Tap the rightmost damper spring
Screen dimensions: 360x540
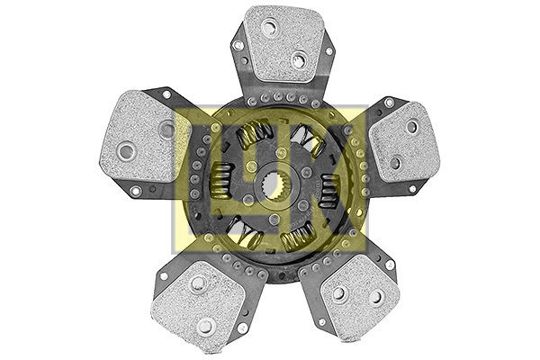point(328,188)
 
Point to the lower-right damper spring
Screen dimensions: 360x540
point(299,238)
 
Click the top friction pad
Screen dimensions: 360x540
point(283,43)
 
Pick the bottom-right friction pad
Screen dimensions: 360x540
point(356,292)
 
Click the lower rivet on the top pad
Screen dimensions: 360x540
point(298,60)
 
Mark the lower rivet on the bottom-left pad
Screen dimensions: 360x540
point(206,325)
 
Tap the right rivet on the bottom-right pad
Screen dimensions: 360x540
point(376,296)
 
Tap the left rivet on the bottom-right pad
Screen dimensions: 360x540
point(338,292)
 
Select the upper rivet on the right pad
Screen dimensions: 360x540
point(411,127)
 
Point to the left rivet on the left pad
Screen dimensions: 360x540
point(126,151)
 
